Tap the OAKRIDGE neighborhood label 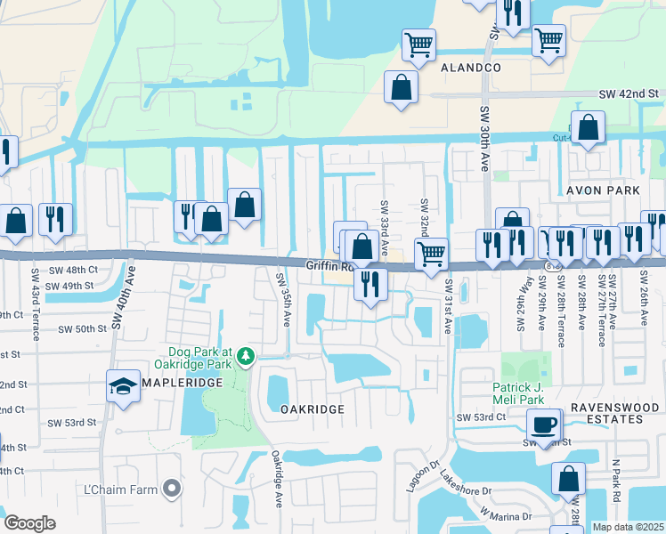coord(312,409)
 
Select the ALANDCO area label coord(471,68)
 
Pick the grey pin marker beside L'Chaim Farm coord(172,489)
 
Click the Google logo coord(29,523)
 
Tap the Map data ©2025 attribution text coord(629,527)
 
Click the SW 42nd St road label coord(628,93)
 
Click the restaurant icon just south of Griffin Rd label coord(370,283)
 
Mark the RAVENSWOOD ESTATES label coord(613,414)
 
